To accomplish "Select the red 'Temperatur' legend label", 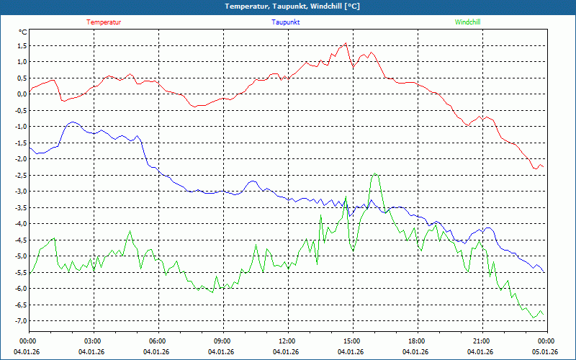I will coord(104,22).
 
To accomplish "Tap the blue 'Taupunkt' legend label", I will coord(286,22).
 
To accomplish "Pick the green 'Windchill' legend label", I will coord(468,22).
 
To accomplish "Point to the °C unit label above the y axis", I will coord(22,32).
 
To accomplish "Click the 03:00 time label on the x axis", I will coord(93,341).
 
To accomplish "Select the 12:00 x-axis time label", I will coord(287,341).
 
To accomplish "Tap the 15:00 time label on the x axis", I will coord(352,341).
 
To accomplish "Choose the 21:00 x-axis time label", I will coord(482,341).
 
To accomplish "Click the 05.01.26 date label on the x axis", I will coord(546,352).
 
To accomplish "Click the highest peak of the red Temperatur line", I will coord(346,43).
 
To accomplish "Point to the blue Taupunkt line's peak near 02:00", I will coord(72,122).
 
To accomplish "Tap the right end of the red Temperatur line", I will coord(544,167).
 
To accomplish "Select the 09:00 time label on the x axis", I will coord(222,341).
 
